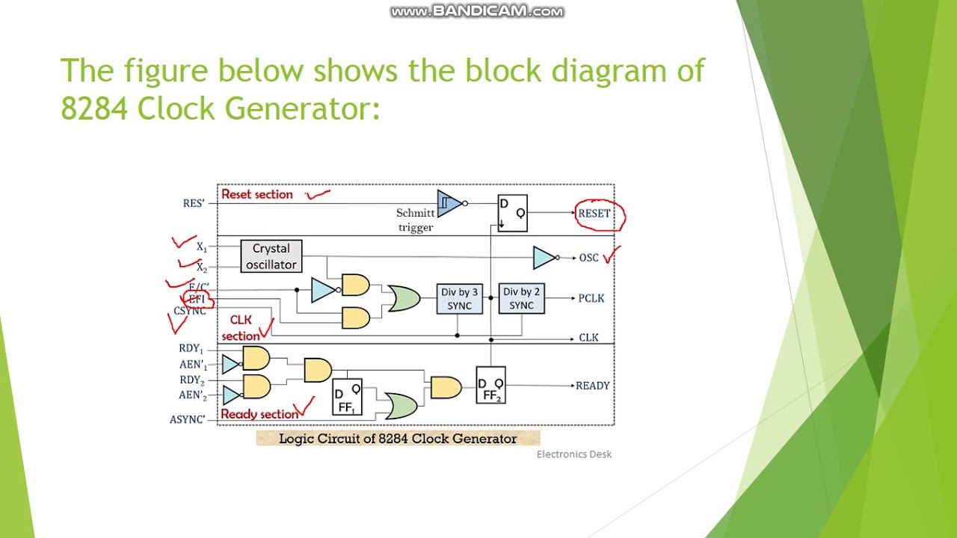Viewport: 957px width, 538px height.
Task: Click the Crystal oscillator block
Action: click(x=271, y=256)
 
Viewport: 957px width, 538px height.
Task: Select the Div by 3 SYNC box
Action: click(x=459, y=299)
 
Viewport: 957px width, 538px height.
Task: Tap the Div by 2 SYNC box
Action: click(x=521, y=299)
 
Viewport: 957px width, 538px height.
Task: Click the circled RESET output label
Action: click(x=594, y=214)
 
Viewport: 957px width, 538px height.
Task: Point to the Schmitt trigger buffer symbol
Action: click(x=449, y=203)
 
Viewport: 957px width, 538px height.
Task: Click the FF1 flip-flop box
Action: click(x=347, y=397)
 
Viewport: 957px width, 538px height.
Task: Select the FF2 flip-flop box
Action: click(x=490, y=385)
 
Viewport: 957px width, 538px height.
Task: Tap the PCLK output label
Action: click(x=591, y=298)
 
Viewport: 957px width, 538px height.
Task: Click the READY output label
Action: click(x=592, y=386)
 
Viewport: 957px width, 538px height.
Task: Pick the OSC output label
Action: click(x=588, y=258)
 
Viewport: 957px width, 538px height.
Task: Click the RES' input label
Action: click(x=194, y=203)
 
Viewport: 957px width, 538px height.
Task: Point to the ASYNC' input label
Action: click(x=187, y=420)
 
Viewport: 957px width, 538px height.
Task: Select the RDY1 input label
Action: click(x=191, y=348)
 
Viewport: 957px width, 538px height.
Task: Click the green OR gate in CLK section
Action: click(x=403, y=299)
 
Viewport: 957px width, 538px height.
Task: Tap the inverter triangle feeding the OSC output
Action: click(x=544, y=258)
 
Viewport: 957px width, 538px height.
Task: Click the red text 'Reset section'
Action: click(x=257, y=194)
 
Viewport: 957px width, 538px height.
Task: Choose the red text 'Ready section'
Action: click(x=259, y=414)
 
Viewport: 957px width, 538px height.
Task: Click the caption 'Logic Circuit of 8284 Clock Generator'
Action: click(x=398, y=439)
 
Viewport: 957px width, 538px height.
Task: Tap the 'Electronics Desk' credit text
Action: click(x=573, y=454)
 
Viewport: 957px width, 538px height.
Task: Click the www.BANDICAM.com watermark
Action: click(x=477, y=11)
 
